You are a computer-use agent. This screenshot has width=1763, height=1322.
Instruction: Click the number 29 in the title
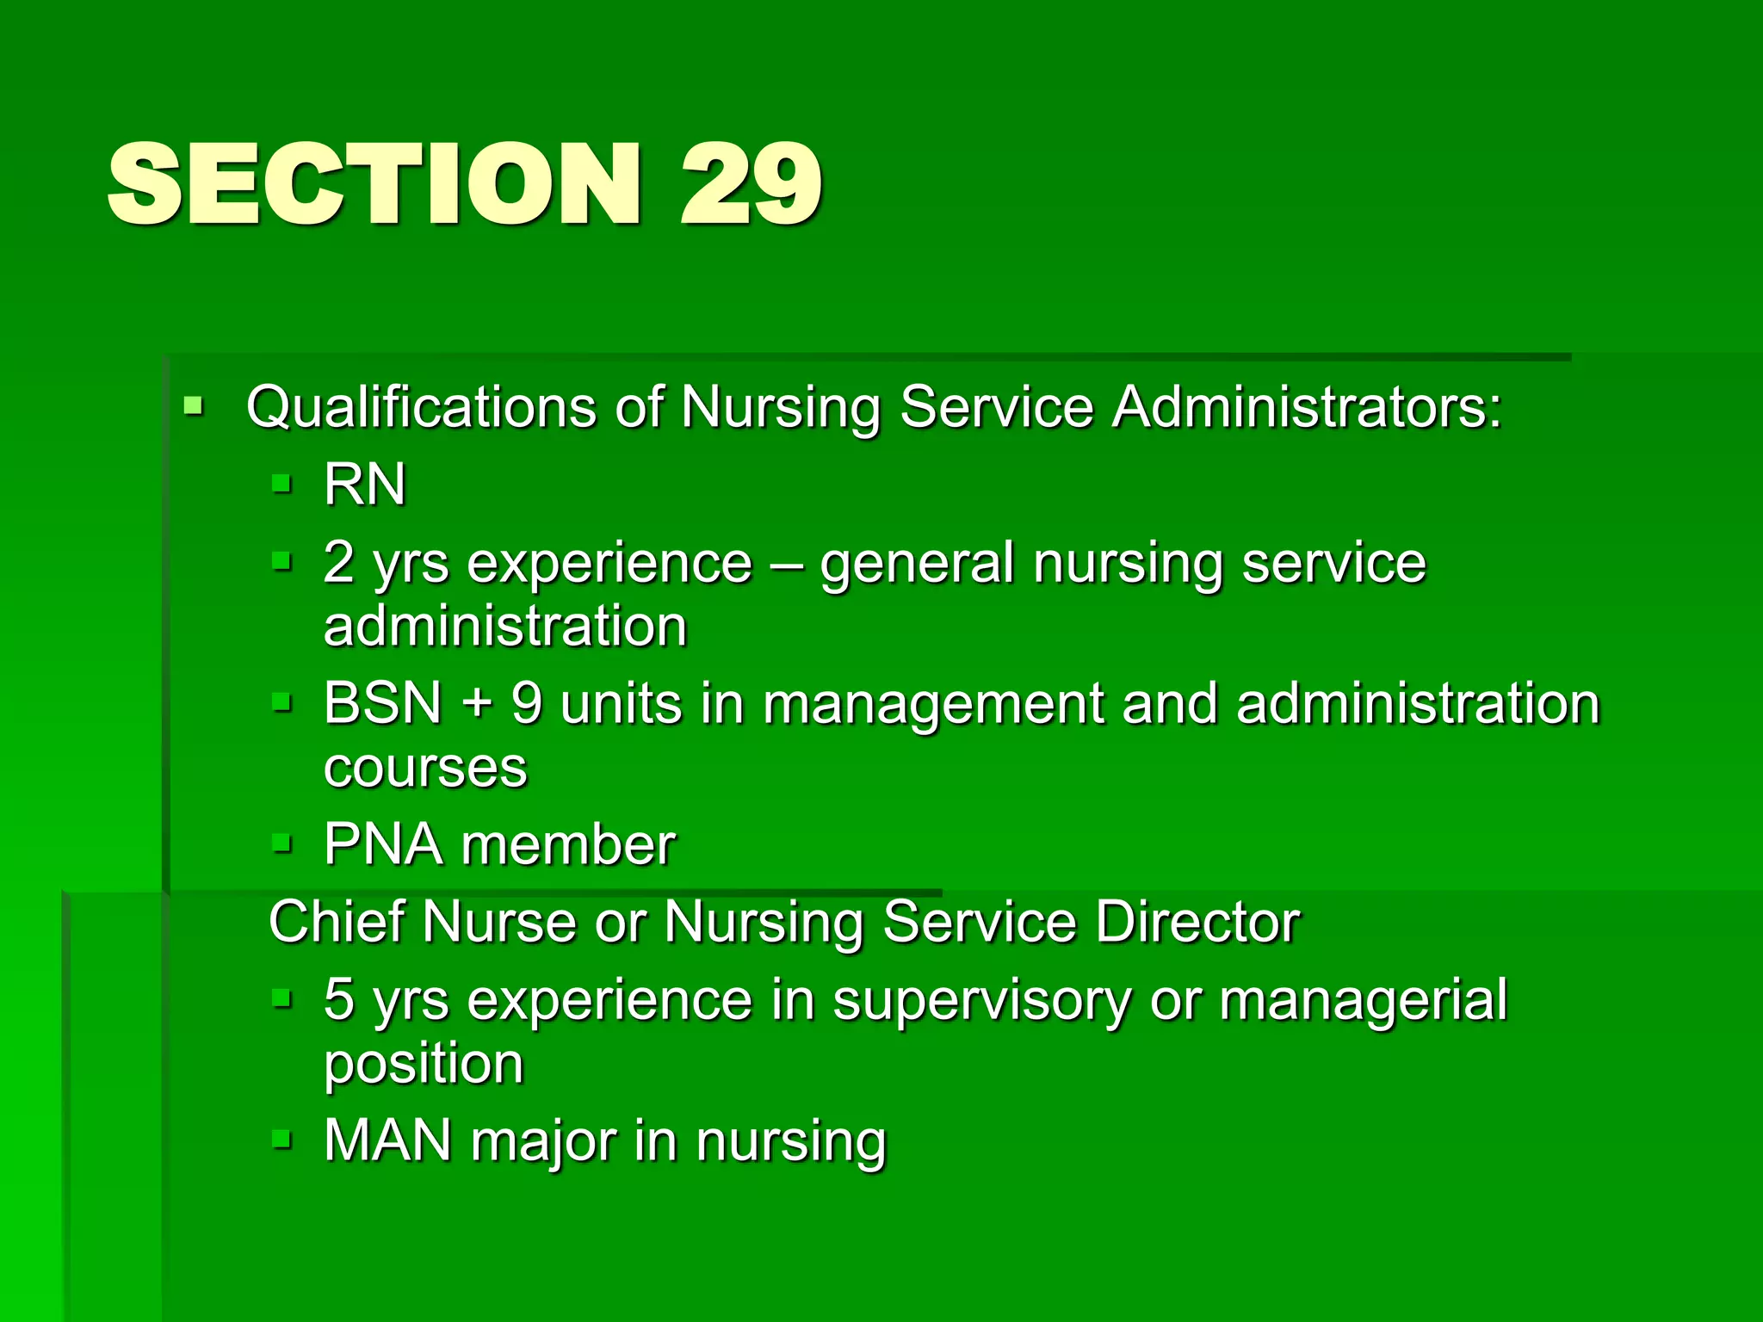coord(751,185)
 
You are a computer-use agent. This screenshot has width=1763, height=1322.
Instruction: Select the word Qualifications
coord(421,406)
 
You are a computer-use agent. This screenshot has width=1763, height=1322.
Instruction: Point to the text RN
coord(364,484)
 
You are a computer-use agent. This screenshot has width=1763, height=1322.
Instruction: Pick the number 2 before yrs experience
coord(338,563)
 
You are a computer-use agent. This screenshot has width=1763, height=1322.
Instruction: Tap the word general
coord(917,565)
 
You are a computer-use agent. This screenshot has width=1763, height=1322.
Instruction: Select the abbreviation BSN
coord(383,703)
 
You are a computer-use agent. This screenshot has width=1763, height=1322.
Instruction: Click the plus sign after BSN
coord(476,705)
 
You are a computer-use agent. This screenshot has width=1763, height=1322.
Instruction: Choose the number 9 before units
coord(527,703)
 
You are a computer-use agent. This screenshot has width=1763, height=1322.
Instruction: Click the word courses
coord(425,768)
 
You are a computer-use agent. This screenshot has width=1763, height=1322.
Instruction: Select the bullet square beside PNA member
coord(281,843)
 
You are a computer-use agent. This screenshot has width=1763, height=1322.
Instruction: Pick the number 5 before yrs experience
coord(338,1000)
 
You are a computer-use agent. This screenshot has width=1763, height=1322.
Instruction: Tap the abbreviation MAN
coord(387,1141)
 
